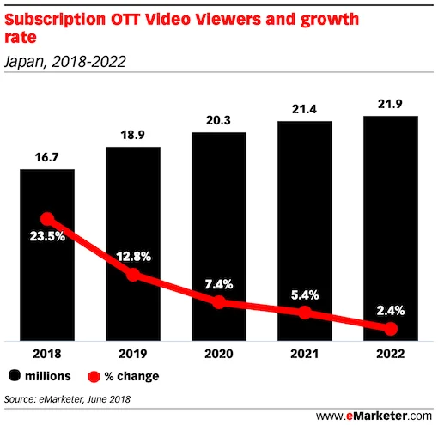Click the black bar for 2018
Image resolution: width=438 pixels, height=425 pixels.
point(47,283)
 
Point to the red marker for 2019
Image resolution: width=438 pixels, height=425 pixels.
point(133,275)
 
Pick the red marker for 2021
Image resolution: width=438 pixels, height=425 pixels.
point(305,313)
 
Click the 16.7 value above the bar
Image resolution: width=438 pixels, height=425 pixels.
point(47,157)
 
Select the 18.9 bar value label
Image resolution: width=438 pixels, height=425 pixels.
point(133,136)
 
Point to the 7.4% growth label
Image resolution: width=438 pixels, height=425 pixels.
point(219,283)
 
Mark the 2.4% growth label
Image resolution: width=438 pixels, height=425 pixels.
point(391,310)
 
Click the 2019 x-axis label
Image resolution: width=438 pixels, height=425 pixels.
point(133,353)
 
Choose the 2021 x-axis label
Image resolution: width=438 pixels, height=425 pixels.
point(305,353)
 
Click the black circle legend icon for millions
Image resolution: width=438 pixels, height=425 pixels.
point(16,376)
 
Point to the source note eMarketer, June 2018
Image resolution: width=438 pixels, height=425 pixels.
point(72,398)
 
